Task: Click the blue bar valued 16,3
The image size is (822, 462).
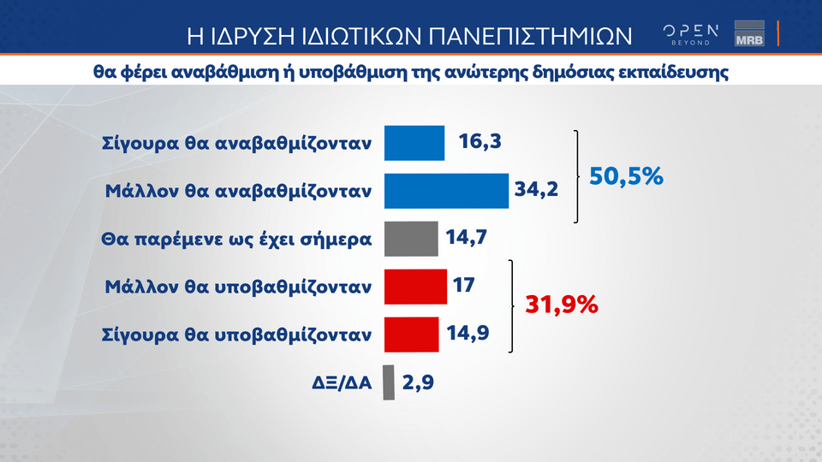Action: (414, 143)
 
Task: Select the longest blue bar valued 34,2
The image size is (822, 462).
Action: (446, 191)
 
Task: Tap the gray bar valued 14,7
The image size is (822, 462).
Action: (411, 239)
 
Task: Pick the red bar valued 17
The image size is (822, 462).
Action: (415, 287)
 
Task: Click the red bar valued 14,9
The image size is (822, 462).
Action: (412, 335)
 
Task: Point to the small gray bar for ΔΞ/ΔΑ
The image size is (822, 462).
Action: (389, 382)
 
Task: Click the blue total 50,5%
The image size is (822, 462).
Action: (626, 176)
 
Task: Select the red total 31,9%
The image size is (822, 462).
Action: (562, 305)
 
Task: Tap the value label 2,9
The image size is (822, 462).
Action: (418, 382)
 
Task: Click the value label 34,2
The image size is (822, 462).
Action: (536, 188)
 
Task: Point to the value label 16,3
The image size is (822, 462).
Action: (479, 141)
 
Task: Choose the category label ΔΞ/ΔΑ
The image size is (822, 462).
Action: (342, 383)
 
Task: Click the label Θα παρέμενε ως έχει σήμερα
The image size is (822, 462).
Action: (236, 240)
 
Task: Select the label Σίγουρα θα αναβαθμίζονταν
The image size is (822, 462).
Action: (236, 143)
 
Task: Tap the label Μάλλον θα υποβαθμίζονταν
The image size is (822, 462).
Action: (238, 287)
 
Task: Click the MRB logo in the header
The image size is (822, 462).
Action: (749, 33)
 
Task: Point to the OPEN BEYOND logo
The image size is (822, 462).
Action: (690, 34)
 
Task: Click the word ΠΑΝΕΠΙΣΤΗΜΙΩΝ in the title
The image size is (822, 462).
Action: (531, 36)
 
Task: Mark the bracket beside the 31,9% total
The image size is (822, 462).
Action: (512, 306)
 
